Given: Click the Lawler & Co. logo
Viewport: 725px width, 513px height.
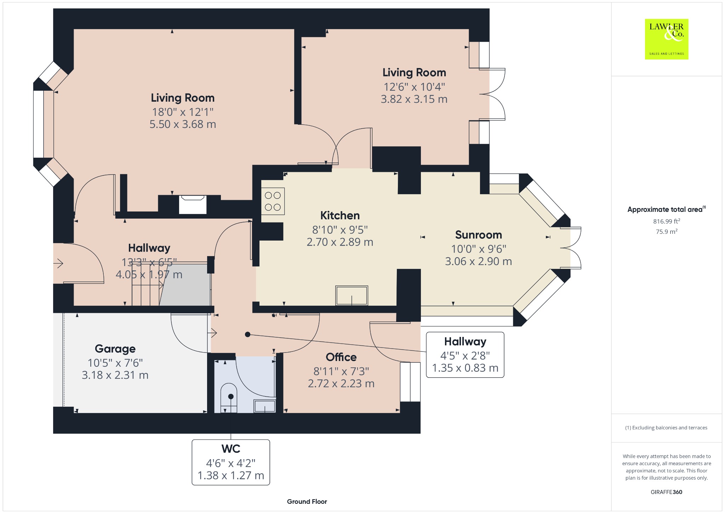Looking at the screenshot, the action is click(666, 39).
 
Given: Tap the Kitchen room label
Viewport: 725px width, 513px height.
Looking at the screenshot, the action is click(340, 215).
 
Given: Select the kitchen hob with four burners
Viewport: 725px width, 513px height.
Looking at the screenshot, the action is click(273, 201).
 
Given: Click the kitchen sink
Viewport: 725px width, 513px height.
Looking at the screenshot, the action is click(352, 295).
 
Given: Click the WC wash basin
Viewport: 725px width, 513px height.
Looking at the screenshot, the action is click(265, 406).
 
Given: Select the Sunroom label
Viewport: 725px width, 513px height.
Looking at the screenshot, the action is click(478, 235).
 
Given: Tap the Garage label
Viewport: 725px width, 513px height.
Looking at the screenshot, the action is click(115, 349).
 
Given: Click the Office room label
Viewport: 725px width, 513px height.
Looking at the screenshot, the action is click(341, 357).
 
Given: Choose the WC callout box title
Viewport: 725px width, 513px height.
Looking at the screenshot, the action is click(231, 449).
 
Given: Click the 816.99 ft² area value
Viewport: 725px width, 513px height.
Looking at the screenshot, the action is click(667, 221).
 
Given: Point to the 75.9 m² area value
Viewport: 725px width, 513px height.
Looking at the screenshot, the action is click(667, 232).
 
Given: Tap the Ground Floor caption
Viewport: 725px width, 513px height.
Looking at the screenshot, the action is click(307, 501).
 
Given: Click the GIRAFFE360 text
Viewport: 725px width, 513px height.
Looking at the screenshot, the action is click(666, 492).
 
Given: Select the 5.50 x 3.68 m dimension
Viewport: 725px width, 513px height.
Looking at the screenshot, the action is click(183, 124).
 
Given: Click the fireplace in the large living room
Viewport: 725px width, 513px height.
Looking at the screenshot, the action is click(193, 204).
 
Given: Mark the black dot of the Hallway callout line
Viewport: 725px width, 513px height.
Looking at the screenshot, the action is click(248, 334).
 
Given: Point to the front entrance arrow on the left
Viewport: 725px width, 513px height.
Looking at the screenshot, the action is click(58, 263).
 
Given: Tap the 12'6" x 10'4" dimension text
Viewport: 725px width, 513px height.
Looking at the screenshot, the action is click(414, 87).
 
